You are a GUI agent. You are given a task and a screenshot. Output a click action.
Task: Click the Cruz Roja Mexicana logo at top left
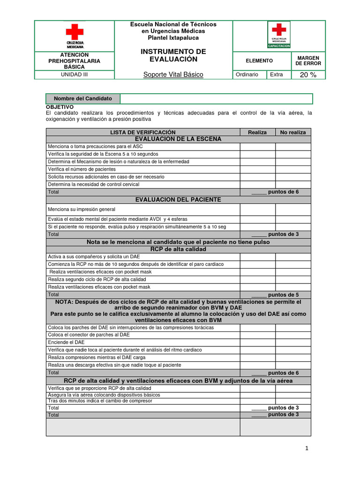[75, 36]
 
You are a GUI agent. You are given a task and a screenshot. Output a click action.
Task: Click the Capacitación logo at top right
[279, 35]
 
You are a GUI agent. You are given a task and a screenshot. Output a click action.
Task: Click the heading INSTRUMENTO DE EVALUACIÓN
[173, 55]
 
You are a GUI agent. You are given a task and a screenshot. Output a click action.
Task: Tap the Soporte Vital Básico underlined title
[173, 75]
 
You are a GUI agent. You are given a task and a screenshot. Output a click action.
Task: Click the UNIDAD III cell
[75, 75]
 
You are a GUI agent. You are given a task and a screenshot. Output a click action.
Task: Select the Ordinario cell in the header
[247, 75]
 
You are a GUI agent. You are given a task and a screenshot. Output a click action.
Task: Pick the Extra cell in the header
[277, 75]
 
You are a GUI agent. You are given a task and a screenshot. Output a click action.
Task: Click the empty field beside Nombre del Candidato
[216, 98]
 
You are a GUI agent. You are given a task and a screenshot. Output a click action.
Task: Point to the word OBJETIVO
[60, 107]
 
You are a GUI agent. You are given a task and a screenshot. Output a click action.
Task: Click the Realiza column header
[257, 132]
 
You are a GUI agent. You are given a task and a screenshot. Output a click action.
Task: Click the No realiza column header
[292, 132]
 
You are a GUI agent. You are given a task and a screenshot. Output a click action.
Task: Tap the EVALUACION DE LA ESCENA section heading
[178, 139]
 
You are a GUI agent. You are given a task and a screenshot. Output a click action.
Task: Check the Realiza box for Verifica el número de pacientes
[257, 169]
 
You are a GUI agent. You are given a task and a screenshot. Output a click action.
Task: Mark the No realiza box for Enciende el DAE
[292, 342]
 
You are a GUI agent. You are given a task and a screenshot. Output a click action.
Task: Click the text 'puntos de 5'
[283, 295]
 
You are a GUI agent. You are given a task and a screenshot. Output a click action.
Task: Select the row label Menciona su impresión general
[82, 210]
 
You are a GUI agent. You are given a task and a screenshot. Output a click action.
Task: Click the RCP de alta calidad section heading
[178, 249]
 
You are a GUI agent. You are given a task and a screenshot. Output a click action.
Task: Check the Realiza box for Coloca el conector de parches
[257, 335]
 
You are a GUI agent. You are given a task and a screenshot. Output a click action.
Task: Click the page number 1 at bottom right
[307, 448]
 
